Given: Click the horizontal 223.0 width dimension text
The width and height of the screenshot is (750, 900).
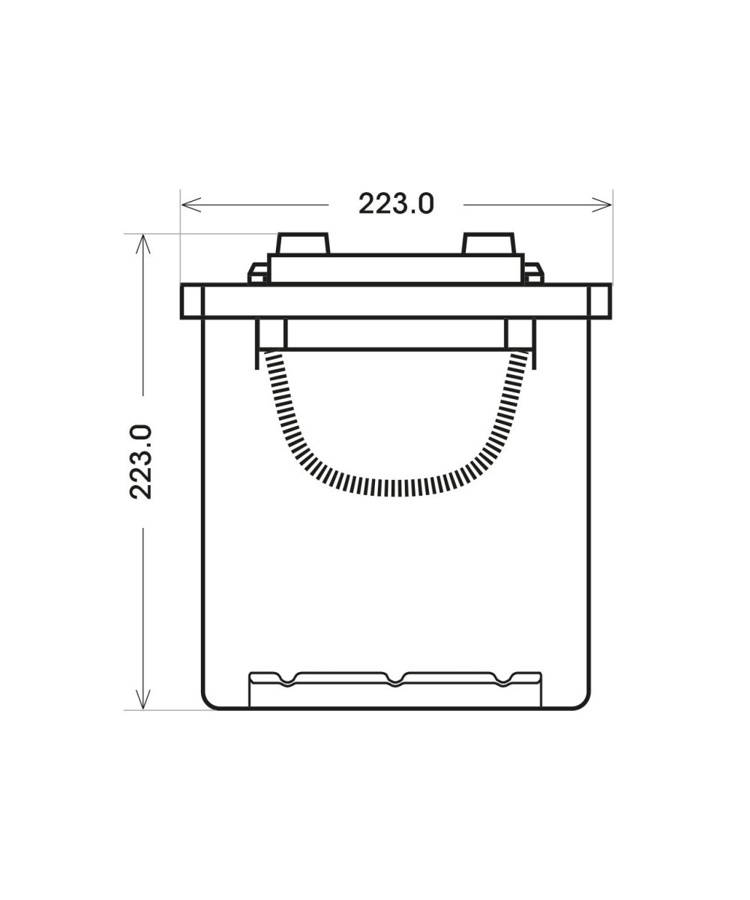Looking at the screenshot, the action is point(396,204).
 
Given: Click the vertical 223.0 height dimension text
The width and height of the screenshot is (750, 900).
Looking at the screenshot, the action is point(141,462).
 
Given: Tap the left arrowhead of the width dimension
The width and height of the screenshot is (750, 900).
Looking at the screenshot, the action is point(191,205).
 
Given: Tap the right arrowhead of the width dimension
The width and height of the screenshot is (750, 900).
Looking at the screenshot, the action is point(601,205).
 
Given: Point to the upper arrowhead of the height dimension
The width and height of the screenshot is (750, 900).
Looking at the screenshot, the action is point(143,244).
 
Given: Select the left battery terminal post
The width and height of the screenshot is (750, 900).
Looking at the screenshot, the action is point(304,244).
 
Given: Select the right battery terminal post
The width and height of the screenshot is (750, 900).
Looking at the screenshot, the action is point(488,244).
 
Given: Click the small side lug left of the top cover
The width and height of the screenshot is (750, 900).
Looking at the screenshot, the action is point(258,273).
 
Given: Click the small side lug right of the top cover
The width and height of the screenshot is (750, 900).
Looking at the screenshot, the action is point(533,273).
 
